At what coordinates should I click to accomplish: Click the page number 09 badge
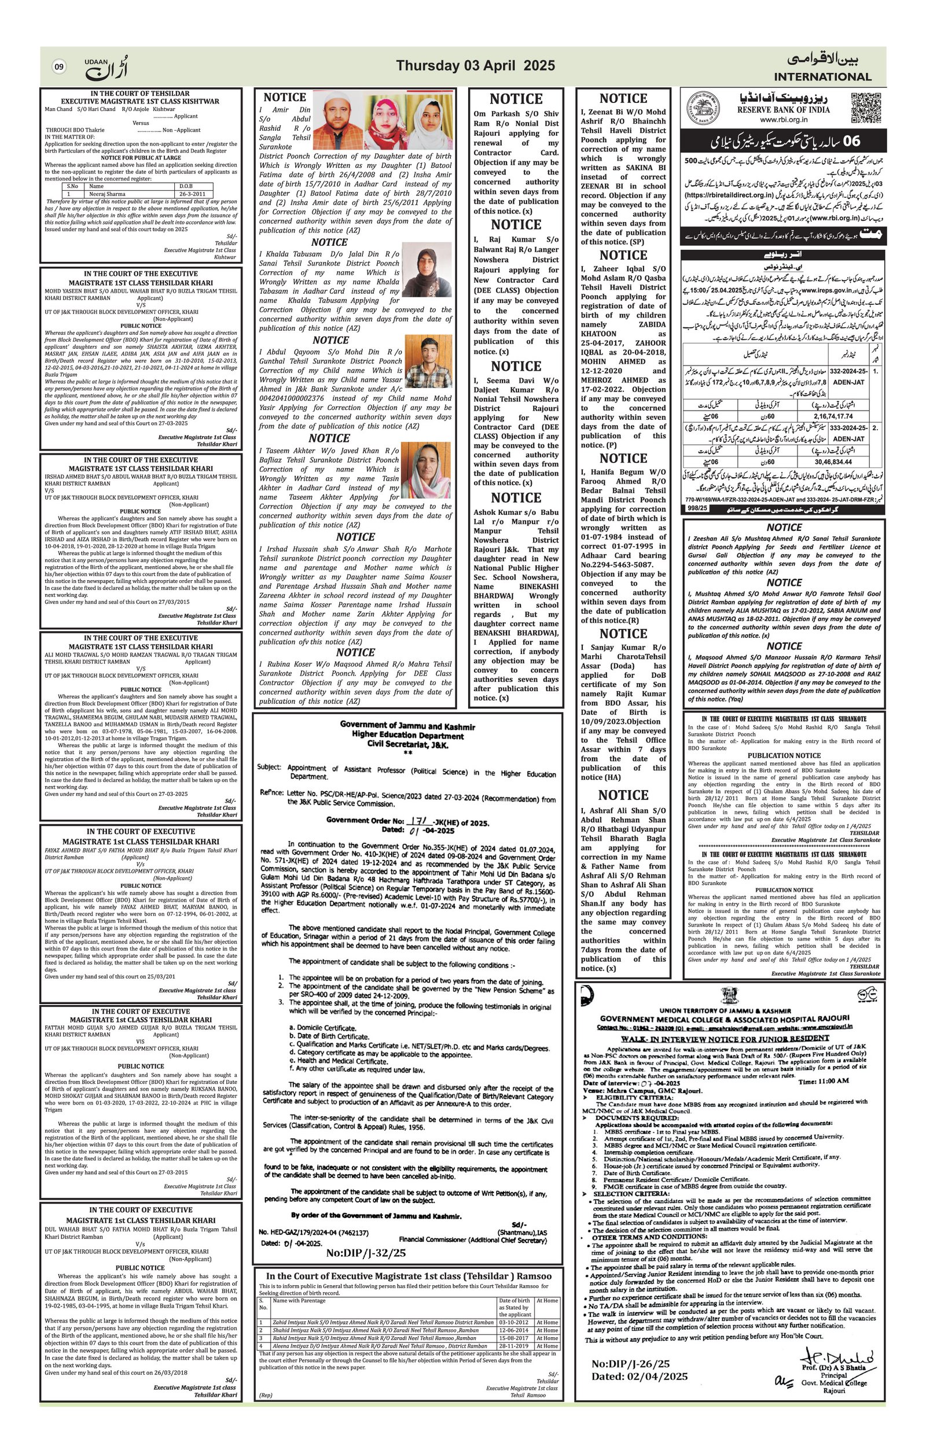click(x=58, y=67)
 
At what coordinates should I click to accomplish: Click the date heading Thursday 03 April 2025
click(x=475, y=66)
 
